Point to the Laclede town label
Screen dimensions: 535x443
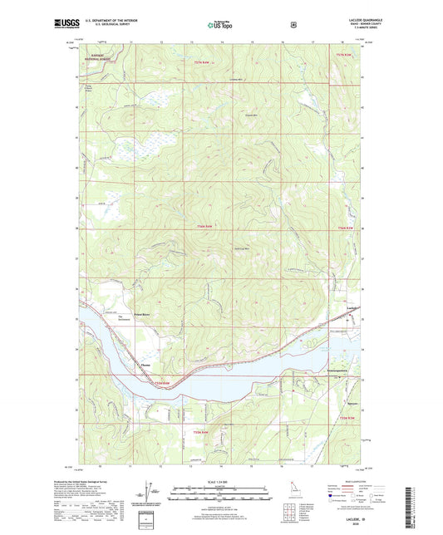352,309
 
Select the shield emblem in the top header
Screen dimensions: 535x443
293,25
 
